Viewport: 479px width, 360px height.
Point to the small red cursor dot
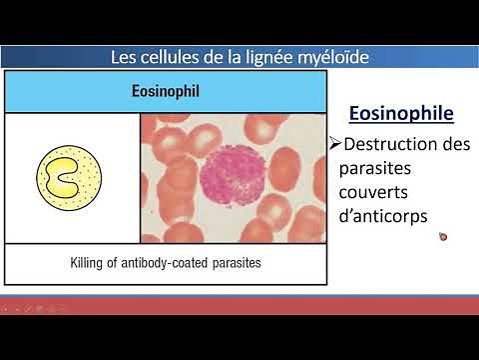pyautogui.click(x=442, y=237)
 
